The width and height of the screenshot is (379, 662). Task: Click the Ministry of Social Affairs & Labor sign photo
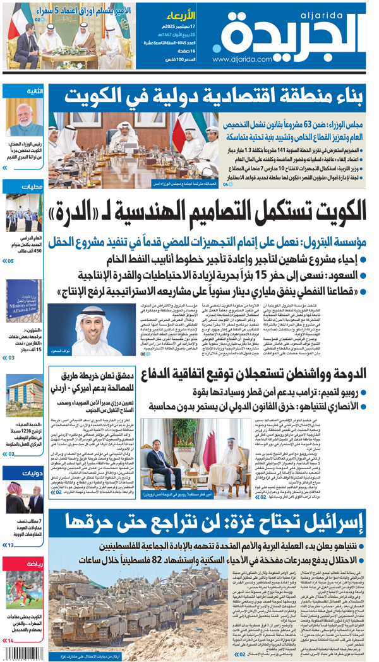[x=23, y=302]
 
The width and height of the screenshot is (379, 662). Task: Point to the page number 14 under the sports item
[x=11, y=641]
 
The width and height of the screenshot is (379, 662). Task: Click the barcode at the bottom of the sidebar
[x=23, y=653]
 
